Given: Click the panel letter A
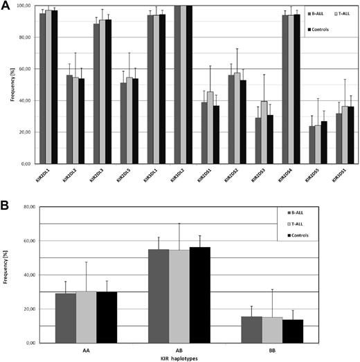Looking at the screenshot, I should (6, 6).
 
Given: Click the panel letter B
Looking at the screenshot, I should (6, 207).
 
